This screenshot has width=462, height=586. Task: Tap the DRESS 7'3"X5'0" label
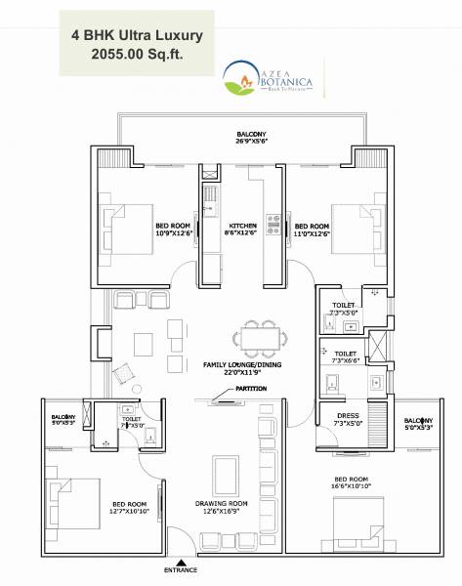coord(347,419)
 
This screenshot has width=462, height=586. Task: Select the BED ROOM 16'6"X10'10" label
coord(351,482)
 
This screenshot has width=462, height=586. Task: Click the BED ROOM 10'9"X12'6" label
coord(175,230)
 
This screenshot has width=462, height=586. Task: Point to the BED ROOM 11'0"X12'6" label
coord(313,228)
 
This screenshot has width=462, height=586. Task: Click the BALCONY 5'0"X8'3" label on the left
coord(65,423)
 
